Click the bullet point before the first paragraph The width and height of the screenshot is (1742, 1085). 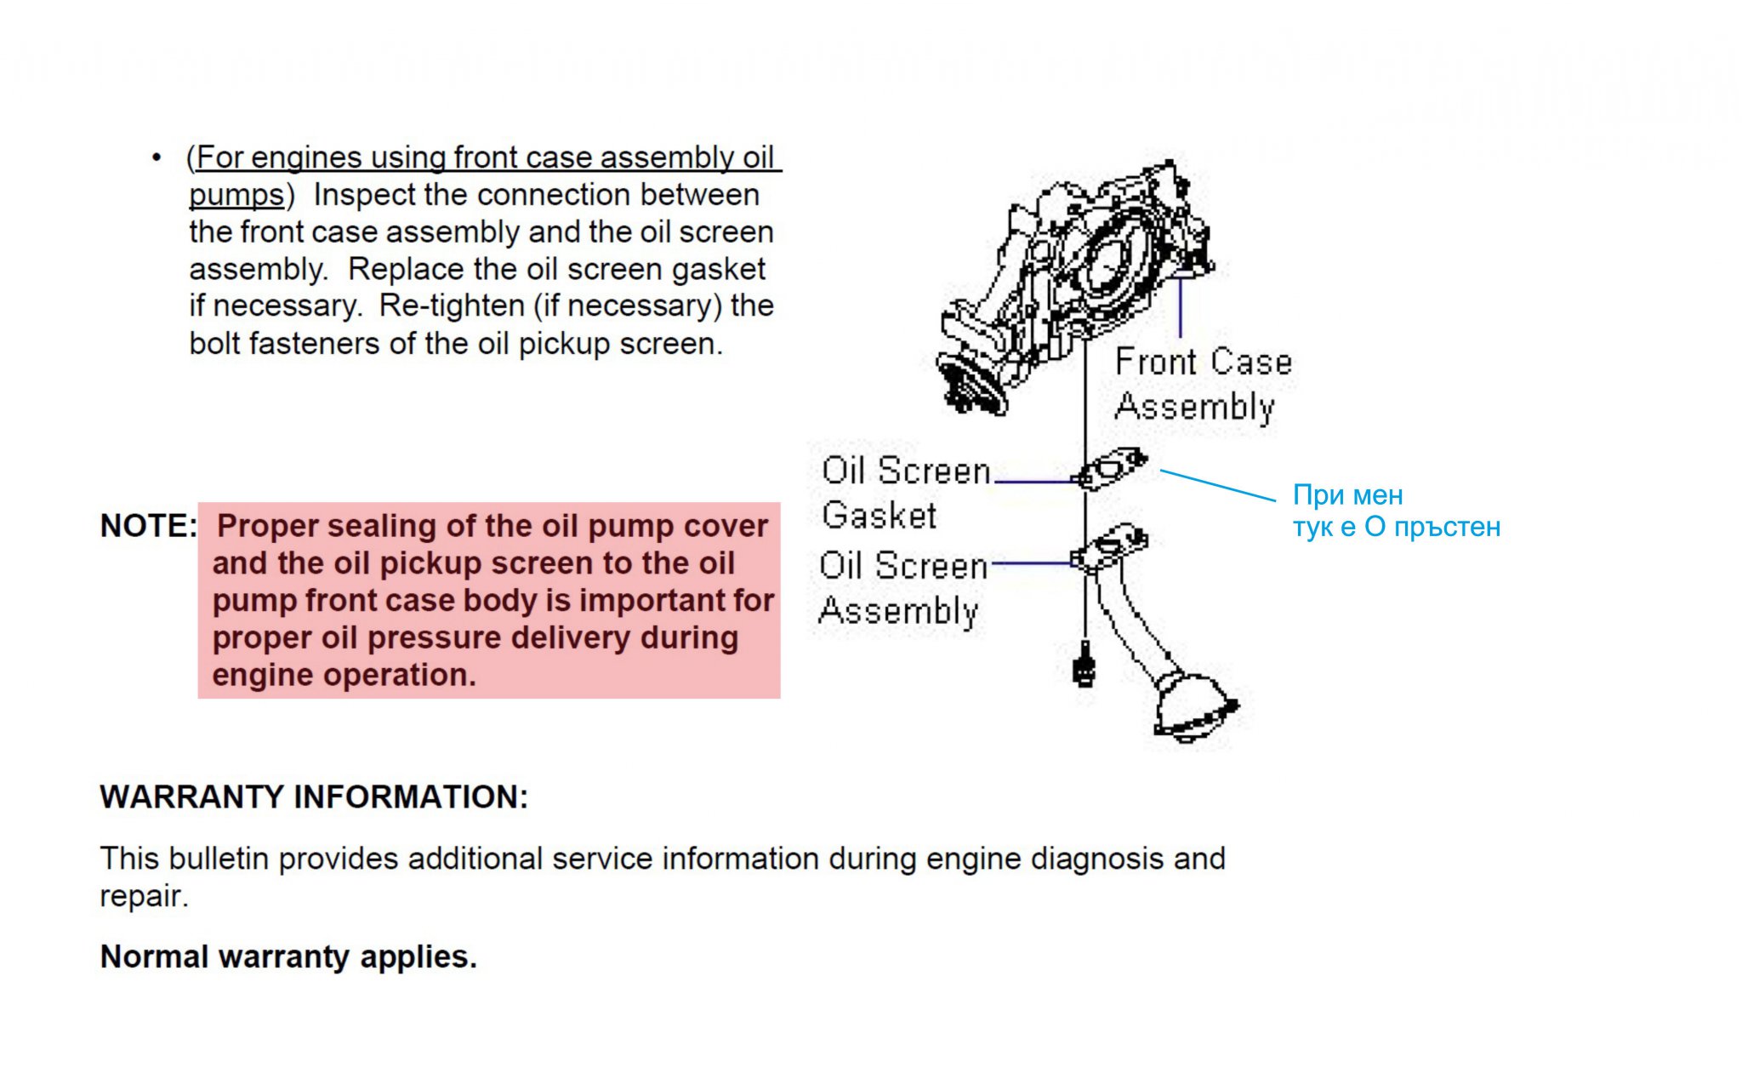point(156,158)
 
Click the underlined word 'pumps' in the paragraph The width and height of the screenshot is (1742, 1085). point(236,195)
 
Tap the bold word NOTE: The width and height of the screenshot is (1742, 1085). point(148,526)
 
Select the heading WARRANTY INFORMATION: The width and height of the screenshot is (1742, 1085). point(314,797)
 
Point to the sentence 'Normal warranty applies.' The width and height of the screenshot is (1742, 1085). point(288,957)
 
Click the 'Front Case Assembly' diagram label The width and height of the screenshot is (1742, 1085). point(1201,384)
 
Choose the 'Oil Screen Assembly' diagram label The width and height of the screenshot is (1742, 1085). point(902,588)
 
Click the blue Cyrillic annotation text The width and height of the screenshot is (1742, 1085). point(1395,511)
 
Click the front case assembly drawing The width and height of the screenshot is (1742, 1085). point(1076,281)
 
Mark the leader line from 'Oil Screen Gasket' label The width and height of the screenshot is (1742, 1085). point(1033,482)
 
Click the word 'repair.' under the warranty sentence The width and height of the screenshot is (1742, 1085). point(144,896)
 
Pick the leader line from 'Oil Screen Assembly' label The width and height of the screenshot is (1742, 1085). point(1031,562)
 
